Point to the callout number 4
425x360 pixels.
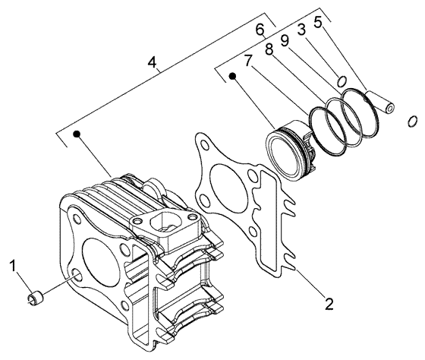pos(154,64)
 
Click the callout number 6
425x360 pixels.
pos(260,29)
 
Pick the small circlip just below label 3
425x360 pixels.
pos(342,81)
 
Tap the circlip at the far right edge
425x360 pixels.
pos(412,120)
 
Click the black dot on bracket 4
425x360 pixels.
pos(76,134)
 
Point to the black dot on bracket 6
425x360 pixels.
pos(234,76)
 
